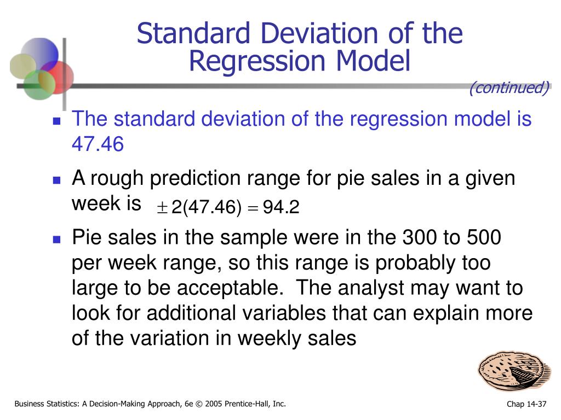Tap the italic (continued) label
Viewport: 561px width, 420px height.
(508, 87)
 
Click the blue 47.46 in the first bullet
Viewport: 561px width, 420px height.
(98, 144)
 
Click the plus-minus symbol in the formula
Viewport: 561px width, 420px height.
(162, 208)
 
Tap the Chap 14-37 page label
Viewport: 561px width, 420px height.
(526, 405)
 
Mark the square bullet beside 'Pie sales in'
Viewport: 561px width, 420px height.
(56, 240)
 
